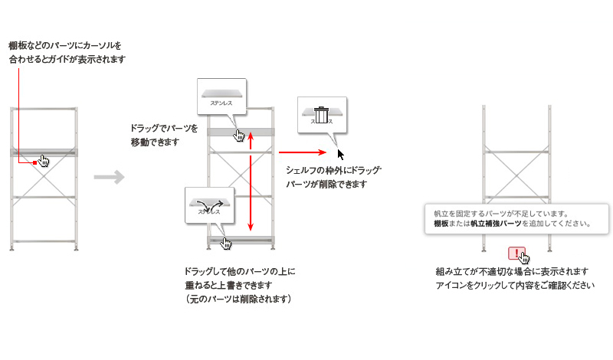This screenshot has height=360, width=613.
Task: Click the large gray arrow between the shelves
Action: pos(109,178)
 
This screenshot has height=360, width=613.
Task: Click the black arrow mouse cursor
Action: pos(341,153)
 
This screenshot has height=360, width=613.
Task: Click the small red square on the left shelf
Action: pos(35,162)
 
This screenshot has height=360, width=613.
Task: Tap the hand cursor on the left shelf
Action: pos(44,161)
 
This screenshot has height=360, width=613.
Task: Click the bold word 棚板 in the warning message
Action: pos(441,224)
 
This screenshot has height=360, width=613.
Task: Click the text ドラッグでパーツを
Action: pos(164,128)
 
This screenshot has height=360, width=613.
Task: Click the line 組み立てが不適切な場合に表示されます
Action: pos(511,272)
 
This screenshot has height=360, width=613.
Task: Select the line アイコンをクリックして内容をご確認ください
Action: pos(515,286)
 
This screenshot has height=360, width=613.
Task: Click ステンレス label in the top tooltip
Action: pos(222,101)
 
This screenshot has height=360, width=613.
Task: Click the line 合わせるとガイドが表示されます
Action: pos(67,59)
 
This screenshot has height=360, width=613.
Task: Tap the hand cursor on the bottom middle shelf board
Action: pos(225,243)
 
